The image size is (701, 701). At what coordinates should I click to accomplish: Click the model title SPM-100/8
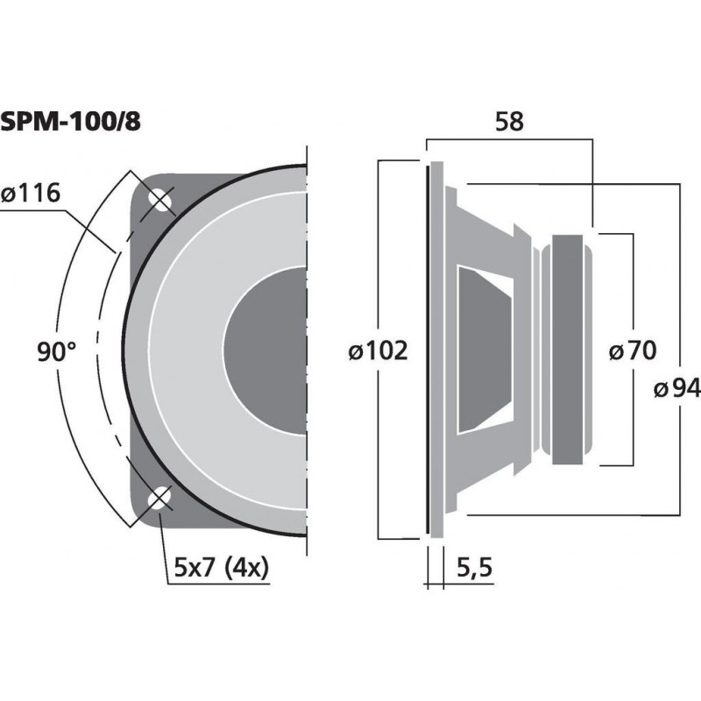coord(70,122)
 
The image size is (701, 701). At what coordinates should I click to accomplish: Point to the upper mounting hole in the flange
coord(160,200)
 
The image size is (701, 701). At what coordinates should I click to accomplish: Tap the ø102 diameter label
coord(378,351)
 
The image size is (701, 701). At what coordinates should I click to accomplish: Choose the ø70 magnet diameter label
coord(632,351)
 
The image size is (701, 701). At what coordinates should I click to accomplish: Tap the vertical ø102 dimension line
coord(378,263)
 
